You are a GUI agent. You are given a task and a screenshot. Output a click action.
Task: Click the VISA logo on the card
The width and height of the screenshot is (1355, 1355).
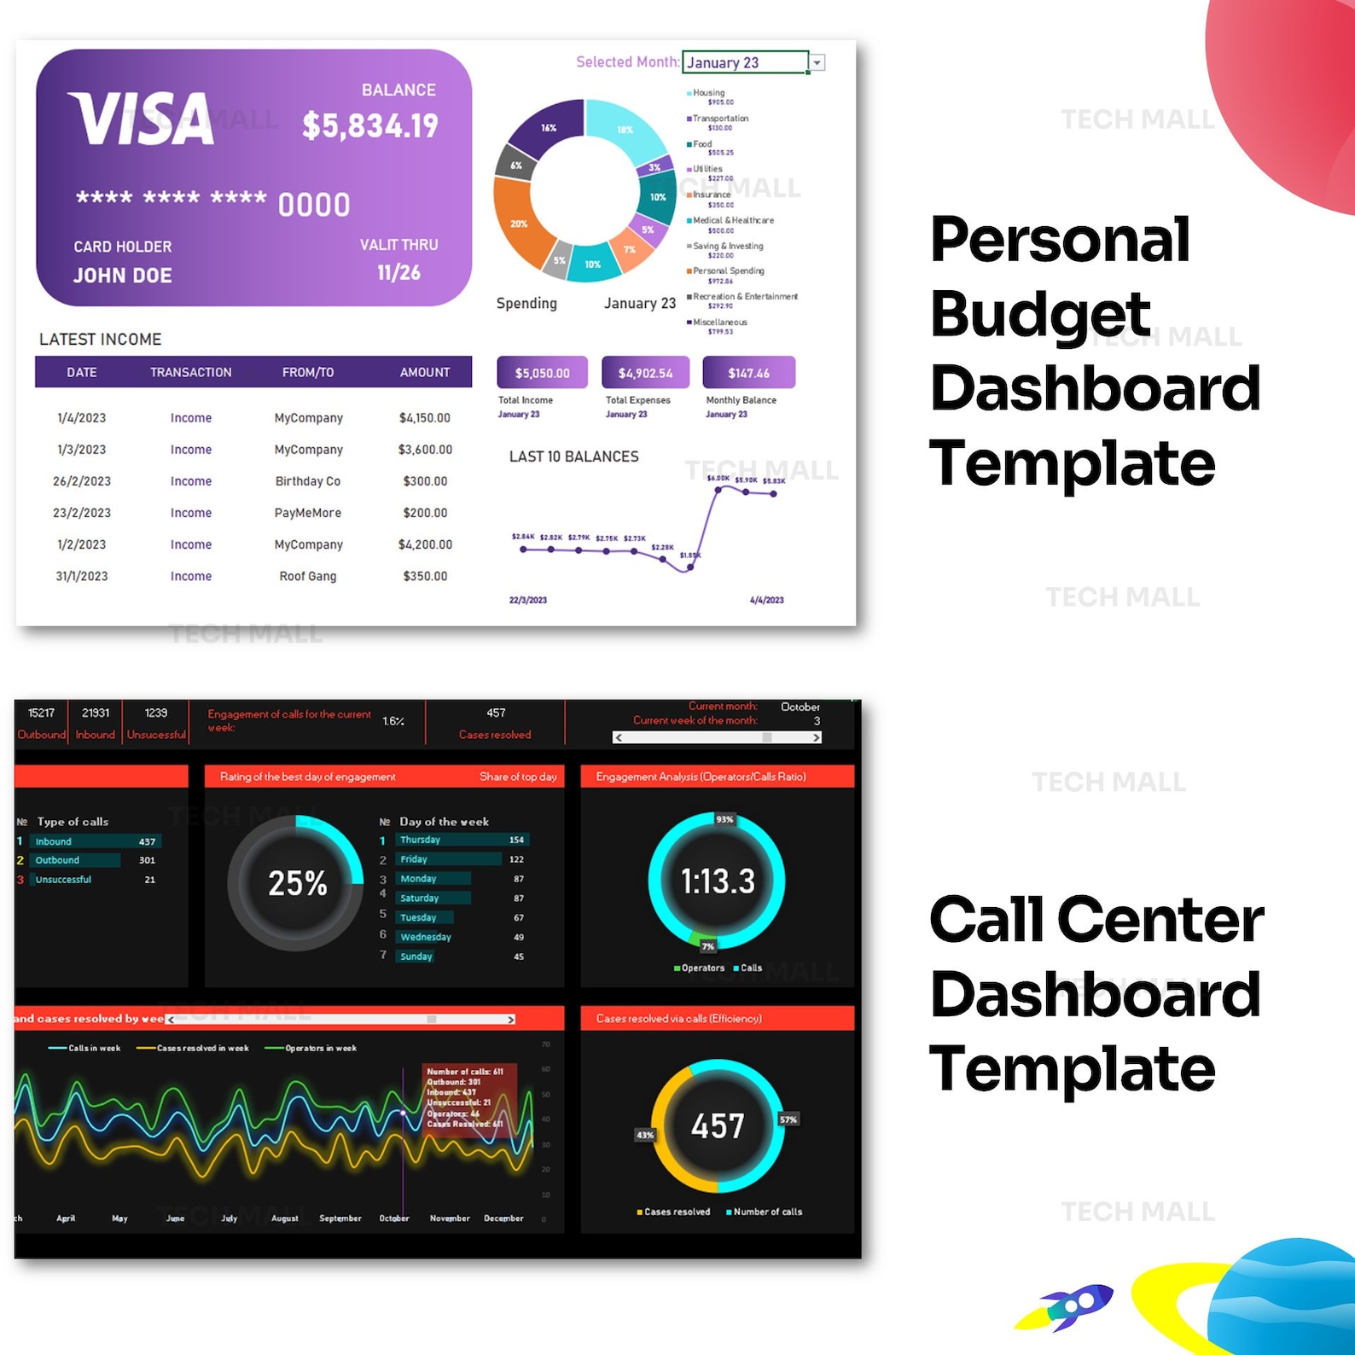[x=142, y=119]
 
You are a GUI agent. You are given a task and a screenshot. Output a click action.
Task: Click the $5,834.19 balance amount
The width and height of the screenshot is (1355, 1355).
[x=370, y=126]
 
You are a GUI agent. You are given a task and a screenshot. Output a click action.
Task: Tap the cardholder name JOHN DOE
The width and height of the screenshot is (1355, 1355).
[x=123, y=276]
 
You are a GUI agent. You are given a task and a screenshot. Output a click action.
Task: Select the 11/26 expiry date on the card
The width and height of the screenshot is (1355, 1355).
[x=398, y=273]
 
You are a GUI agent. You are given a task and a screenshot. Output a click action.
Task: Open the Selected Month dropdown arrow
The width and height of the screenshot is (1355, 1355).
[x=817, y=62]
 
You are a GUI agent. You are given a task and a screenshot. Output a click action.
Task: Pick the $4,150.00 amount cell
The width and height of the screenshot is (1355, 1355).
[x=424, y=418]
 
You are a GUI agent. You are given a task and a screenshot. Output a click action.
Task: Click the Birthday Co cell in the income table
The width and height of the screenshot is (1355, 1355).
[x=307, y=481]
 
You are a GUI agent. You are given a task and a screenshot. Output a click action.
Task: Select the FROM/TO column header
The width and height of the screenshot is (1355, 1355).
[x=308, y=372]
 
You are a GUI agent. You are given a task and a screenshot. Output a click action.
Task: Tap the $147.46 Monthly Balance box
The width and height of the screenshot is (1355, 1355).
[x=748, y=373]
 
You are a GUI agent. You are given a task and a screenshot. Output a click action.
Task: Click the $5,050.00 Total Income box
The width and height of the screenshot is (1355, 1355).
[x=542, y=373]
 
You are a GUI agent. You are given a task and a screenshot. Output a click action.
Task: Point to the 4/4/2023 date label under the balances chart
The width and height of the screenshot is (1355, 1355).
[x=766, y=600]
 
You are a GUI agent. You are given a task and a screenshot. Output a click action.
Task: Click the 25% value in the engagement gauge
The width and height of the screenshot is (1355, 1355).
[x=297, y=883]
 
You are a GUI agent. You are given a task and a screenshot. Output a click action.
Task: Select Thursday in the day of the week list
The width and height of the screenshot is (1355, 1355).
[x=421, y=840]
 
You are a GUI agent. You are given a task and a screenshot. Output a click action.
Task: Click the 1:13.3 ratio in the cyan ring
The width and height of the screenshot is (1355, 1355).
[x=717, y=881]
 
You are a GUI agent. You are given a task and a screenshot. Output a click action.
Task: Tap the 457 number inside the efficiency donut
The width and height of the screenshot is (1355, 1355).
[x=717, y=1125]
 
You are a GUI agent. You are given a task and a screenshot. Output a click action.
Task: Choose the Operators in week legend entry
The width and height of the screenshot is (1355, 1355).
[x=320, y=1048]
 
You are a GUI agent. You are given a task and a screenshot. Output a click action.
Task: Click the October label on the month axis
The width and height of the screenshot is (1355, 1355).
[x=394, y=1218]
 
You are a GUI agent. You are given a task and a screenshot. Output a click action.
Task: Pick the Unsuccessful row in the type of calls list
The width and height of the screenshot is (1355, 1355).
[x=63, y=880]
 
